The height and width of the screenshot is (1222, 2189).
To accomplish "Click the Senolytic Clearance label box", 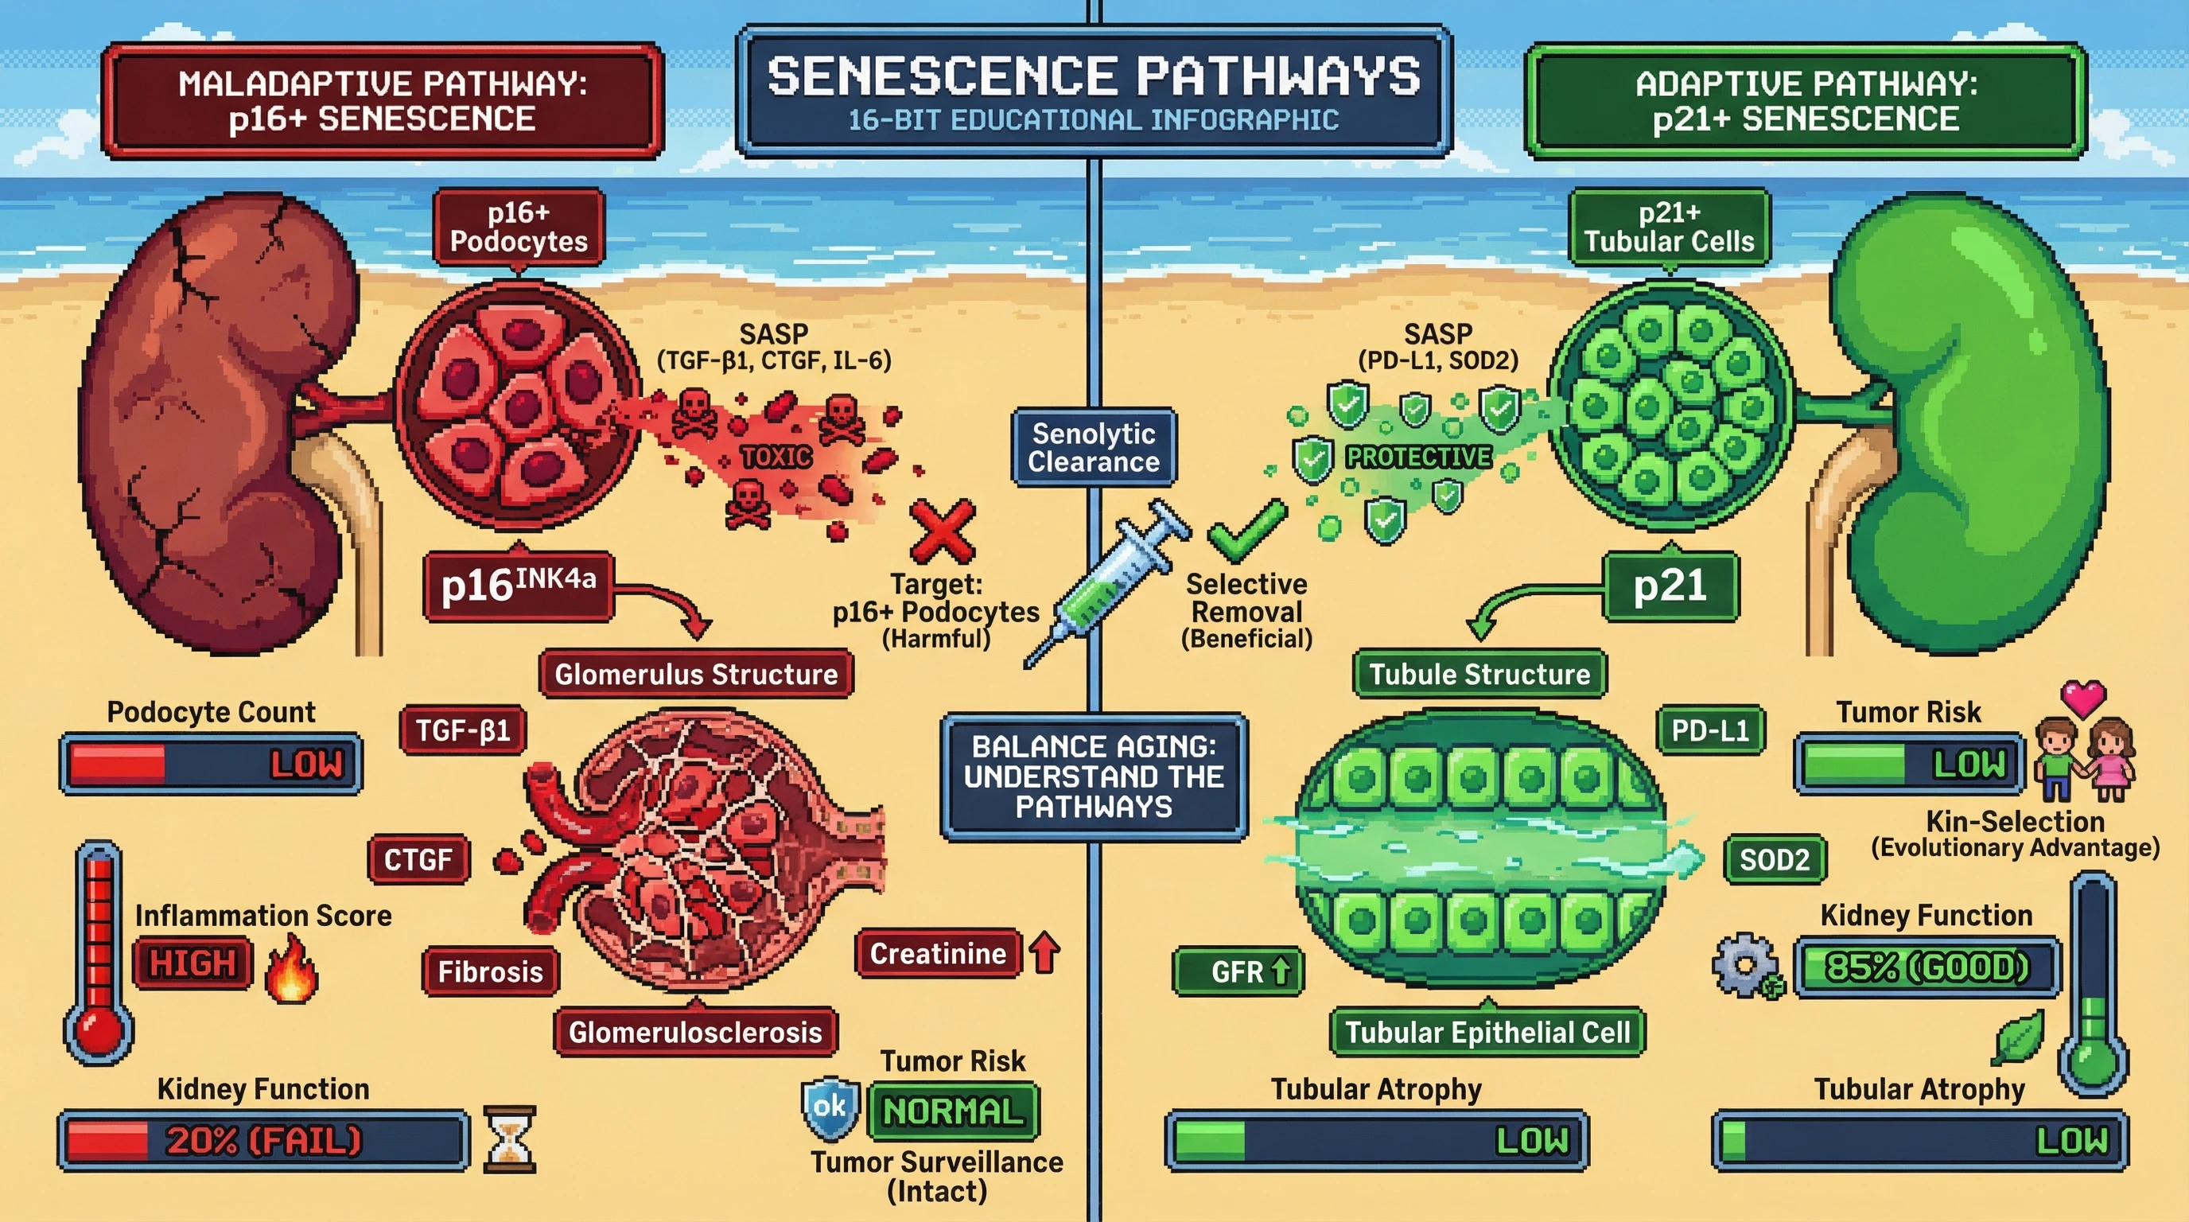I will (1094, 448).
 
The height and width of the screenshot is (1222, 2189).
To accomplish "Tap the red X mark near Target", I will (943, 531).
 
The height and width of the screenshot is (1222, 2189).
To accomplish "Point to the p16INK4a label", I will (518, 586).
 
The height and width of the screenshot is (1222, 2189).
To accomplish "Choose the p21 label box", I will (1670, 586).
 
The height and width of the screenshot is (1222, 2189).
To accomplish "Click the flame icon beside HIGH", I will (291, 969).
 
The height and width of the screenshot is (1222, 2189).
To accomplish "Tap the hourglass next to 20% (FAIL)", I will (509, 1138).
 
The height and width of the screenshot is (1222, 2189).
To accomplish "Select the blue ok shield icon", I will (830, 1107).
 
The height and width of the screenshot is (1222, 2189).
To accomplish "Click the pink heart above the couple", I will (2082, 699).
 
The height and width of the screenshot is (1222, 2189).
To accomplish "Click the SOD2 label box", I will (1775, 859).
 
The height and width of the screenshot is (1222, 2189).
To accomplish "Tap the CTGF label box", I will (418, 859).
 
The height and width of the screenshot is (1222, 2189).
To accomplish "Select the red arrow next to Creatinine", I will (1044, 952).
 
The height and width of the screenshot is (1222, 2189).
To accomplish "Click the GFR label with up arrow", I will (1238, 971).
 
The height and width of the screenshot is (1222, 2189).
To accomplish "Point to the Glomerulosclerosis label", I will (695, 1032).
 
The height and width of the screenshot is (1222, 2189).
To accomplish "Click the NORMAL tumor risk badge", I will (953, 1111).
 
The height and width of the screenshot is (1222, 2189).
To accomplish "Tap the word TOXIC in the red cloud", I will (775, 457).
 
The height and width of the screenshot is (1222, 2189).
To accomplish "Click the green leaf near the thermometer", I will (2018, 1037).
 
